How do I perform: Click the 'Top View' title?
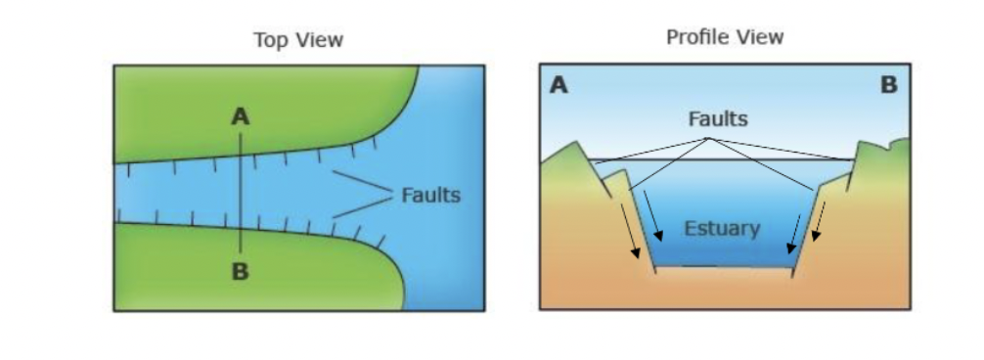(x=298, y=40)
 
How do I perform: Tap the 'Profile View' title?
(x=725, y=37)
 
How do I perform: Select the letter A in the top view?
(x=241, y=117)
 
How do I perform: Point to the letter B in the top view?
(x=241, y=272)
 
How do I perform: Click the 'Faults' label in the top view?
(x=430, y=195)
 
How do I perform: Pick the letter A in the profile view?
(x=559, y=86)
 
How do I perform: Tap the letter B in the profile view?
(x=888, y=86)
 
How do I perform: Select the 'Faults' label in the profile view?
(x=718, y=119)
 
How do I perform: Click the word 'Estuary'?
(x=722, y=229)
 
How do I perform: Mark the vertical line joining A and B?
(x=241, y=196)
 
